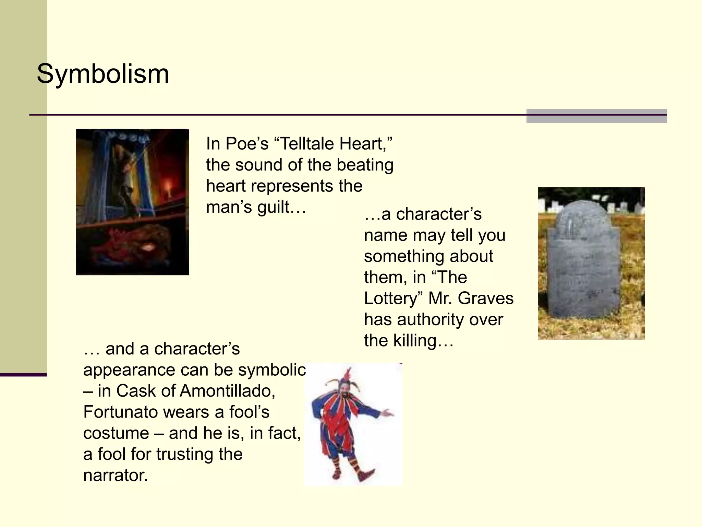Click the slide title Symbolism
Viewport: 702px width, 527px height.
click(103, 74)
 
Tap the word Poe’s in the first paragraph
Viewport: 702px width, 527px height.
click(247, 143)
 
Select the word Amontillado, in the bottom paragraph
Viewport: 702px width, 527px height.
click(228, 391)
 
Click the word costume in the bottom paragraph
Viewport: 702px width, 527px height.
click(116, 433)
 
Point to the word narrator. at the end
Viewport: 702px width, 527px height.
click(115, 476)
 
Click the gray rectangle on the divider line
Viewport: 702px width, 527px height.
click(596, 116)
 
